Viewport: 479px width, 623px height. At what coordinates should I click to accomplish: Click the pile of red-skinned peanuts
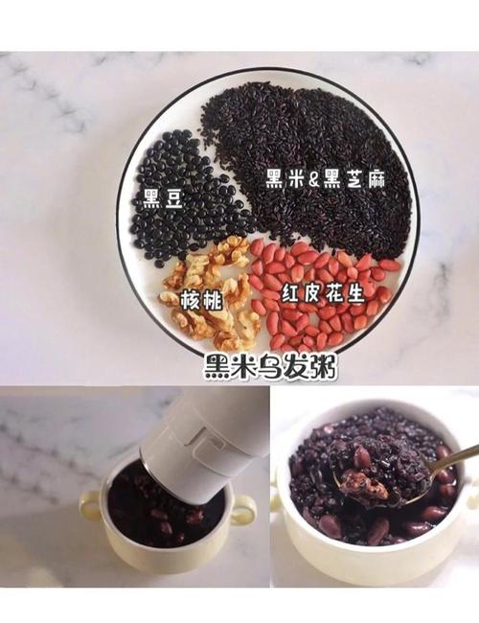[x=316, y=288]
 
